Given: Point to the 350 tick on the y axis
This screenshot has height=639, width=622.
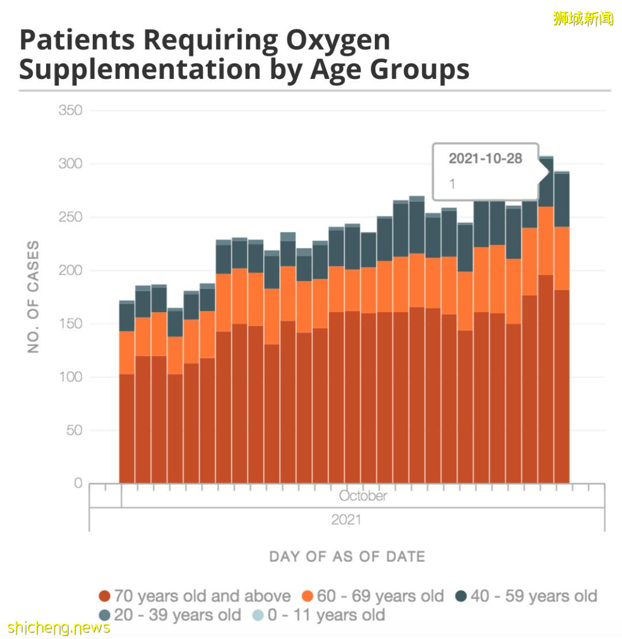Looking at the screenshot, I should point(70,111).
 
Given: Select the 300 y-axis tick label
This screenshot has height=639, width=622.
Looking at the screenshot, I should point(70,164).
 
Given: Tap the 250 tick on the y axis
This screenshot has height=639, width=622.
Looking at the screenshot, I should point(70,218).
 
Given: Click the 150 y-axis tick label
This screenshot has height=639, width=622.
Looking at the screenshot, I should point(70,324).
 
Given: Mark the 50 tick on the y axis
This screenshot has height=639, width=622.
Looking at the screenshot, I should point(73,430).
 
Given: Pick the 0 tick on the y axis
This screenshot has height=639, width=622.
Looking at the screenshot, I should point(78,483).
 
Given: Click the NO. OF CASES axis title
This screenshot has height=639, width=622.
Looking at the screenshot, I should point(34,297).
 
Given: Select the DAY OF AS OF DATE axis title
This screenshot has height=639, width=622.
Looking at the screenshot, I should point(347,557).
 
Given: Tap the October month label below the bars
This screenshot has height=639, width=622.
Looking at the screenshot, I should point(363,496).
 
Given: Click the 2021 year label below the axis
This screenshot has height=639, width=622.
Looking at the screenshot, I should point(346,520).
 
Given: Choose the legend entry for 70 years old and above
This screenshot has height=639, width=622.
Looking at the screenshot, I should point(195,596).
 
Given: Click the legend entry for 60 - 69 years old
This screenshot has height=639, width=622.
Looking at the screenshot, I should point(373,596).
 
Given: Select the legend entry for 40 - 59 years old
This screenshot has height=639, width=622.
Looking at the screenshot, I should point(526,596).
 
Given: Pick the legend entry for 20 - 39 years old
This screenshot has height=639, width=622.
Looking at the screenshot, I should point(169,615).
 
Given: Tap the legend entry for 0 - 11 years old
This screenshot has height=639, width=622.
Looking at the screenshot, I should point(318,615).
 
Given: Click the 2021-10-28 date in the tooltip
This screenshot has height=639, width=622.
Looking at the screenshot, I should point(485,159).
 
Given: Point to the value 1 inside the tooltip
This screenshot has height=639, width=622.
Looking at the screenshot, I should point(452,184).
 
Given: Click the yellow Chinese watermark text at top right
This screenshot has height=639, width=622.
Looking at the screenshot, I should point(583,18).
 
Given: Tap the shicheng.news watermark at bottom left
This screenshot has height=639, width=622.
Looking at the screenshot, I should point(59,627).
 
